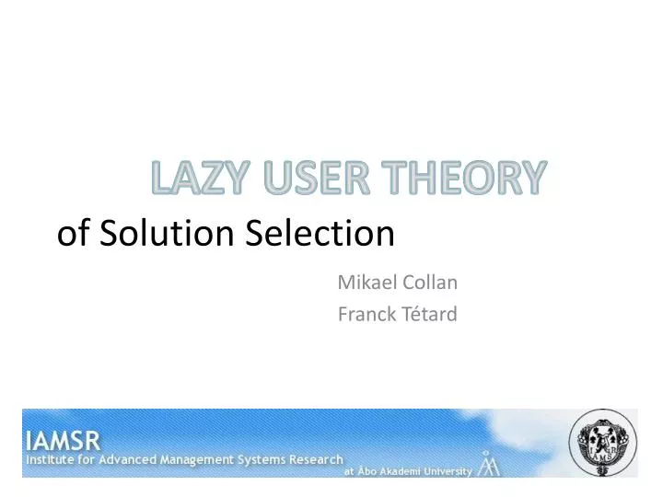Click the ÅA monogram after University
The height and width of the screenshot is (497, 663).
click(489, 467)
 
